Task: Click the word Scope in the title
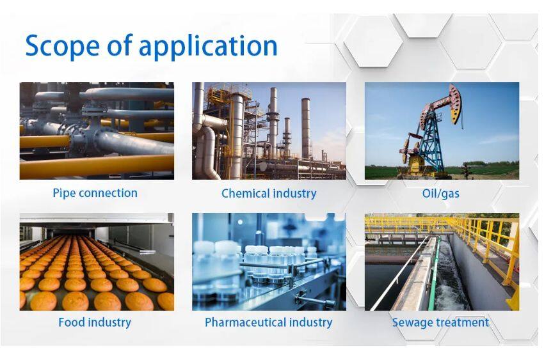click(63, 46)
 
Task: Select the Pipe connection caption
click(95, 193)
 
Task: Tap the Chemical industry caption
click(269, 193)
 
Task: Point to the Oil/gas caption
click(440, 193)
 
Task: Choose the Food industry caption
click(95, 322)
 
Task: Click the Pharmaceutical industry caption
click(269, 322)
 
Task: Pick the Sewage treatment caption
click(440, 322)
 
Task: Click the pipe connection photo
click(97, 130)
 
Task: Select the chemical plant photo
click(269, 130)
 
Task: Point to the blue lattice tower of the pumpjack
click(430, 142)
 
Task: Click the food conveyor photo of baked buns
click(97, 262)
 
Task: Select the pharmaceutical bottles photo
click(269, 262)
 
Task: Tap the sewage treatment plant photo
click(442, 262)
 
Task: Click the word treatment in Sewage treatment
click(463, 322)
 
